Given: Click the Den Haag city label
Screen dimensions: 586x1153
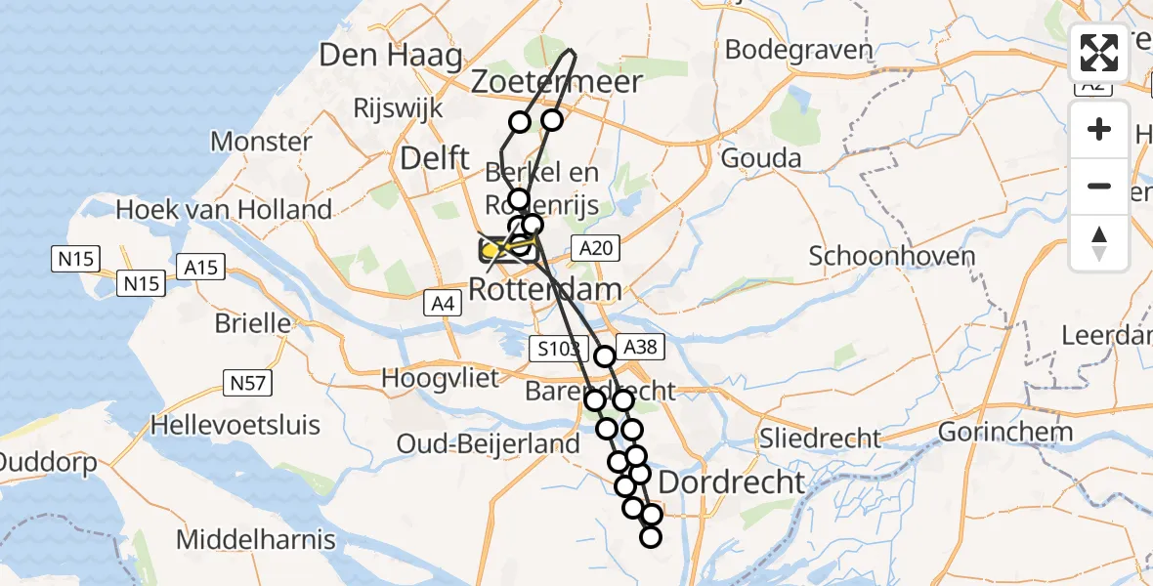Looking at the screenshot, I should (x=391, y=56).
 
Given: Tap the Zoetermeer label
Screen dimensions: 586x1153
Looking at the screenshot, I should (x=557, y=82).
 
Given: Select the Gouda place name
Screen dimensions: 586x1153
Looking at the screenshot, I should (x=761, y=158).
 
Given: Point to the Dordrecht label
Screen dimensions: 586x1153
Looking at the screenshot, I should (x=732, y=481).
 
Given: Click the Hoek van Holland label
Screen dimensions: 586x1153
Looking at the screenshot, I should (x=224, y=209).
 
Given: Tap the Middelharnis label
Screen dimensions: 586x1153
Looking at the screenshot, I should (x=256, y=539).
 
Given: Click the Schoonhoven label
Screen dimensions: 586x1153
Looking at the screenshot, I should (x=892, y=257).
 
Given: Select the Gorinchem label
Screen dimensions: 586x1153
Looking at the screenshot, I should (x=1005, y=432).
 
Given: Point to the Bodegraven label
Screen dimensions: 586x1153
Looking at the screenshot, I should (x=798, y=50).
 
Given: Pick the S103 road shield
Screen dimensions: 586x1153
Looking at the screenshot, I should (x=559, y=347).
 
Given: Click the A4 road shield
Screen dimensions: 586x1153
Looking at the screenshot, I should (x=443, y=305).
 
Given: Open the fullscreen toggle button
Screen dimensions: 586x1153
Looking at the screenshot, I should (x=1099, y=55).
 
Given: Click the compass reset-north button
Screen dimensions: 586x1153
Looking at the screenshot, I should (x=1099, y=242).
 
